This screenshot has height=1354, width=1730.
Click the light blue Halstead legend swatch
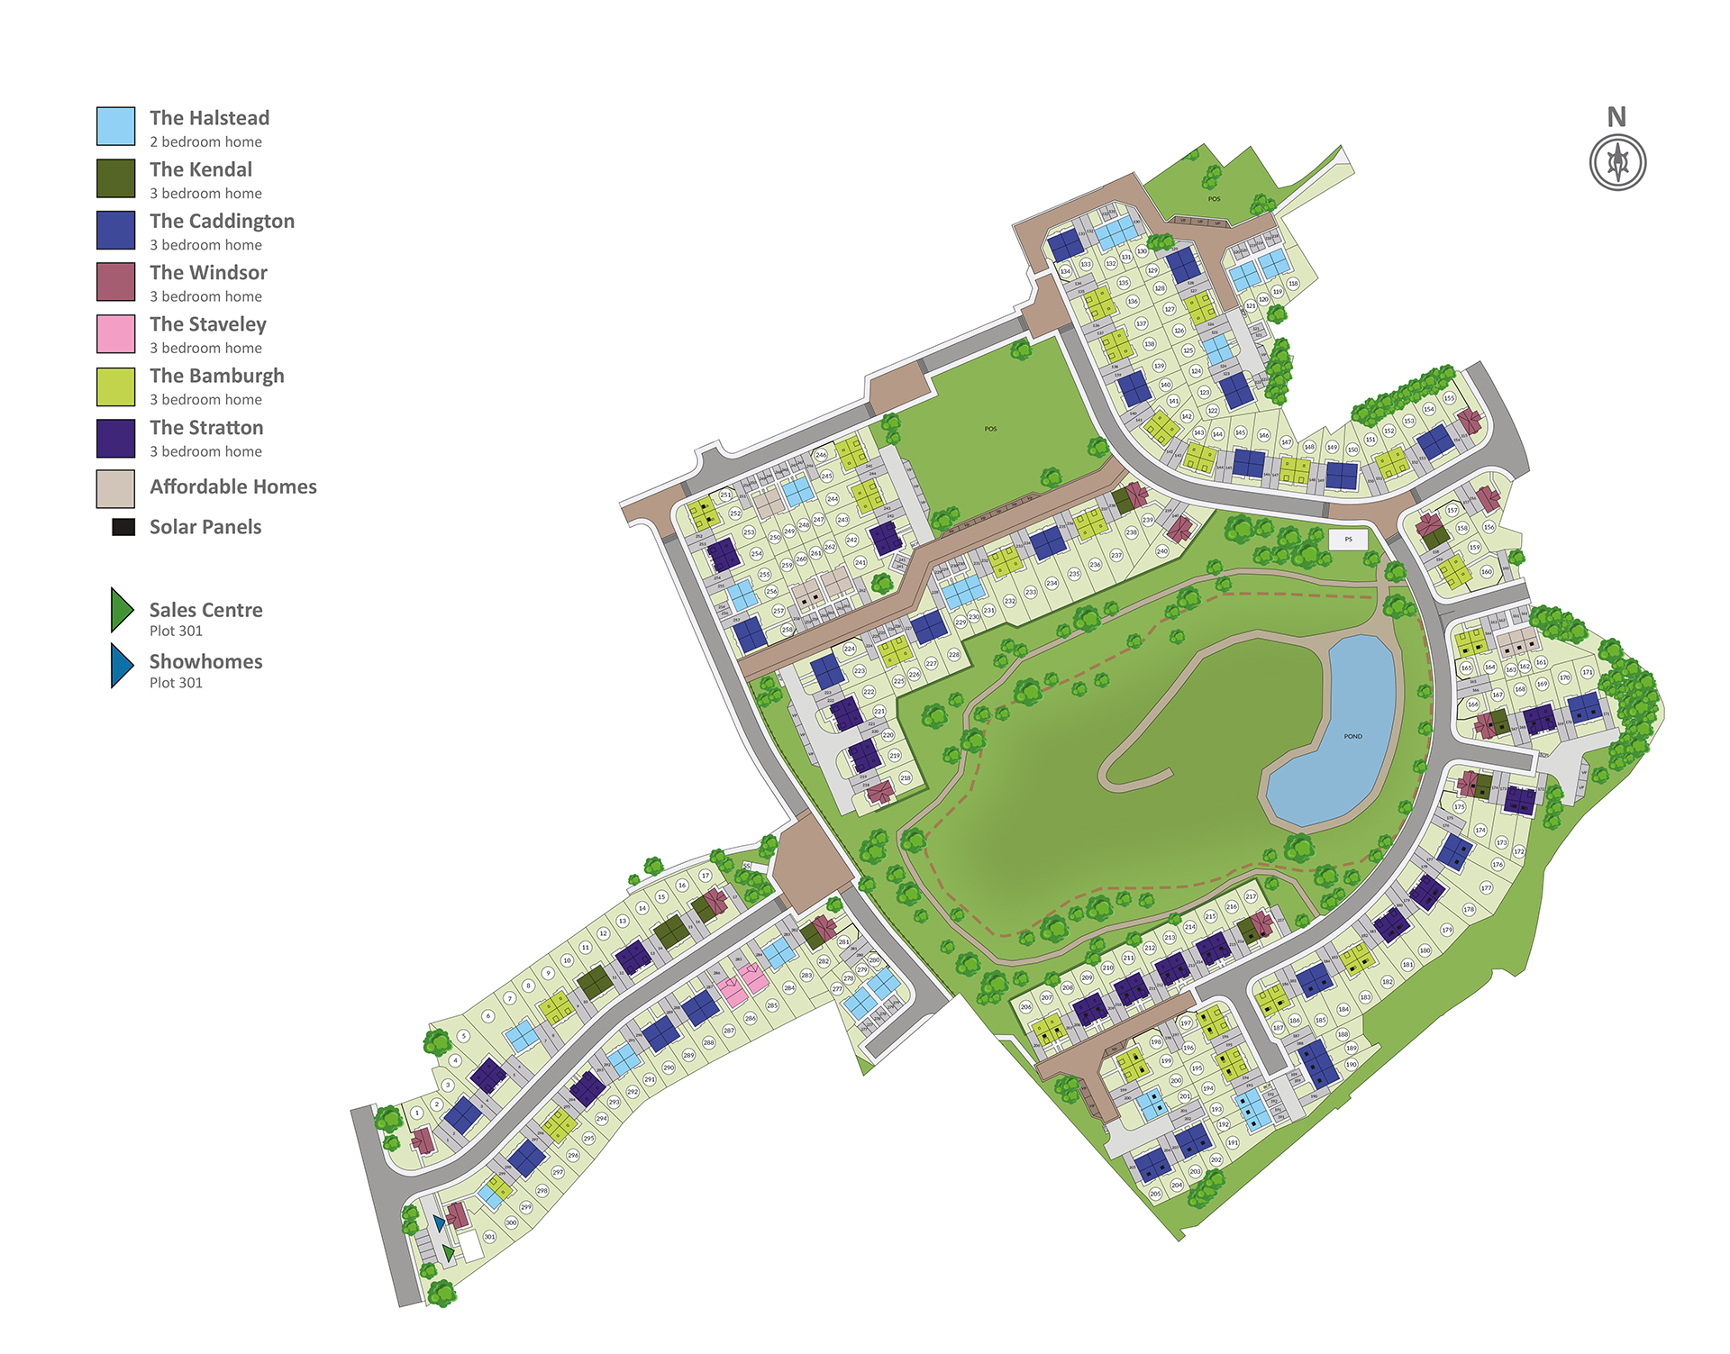click(x=116, y=126)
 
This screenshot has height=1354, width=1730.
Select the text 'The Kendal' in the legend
click(x=201, y=169)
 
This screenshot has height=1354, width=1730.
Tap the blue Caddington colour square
click(x=116, y=230)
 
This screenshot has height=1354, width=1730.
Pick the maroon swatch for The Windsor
click(x=116, y=281)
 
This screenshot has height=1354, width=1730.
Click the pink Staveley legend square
click(x=116, y=333)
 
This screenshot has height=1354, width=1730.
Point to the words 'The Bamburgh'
click(x=217, y=376)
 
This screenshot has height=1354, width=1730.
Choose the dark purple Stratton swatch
click(x=116, y=438)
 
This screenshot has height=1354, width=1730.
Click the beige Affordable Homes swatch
click(x=116, y=489)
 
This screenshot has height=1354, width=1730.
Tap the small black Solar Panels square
click(x=123, y=527)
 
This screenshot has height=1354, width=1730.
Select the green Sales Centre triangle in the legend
click(x=121, y=610)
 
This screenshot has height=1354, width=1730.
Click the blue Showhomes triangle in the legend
click(x=121, y=665)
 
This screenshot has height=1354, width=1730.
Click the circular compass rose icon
click(x=1617, y=163)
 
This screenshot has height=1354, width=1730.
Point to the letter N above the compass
click(x=1616, y=117)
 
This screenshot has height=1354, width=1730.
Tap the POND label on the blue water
click(x=1352, y=736)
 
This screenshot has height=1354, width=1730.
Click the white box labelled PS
click(x=1348, y=540)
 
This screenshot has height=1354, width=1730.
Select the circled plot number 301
click(x=489, y=1237)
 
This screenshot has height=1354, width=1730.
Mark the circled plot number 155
click(x=1449, y=397)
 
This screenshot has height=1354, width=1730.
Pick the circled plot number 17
click(x=706, y=875)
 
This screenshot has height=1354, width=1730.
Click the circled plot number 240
click(x=1161, y=550)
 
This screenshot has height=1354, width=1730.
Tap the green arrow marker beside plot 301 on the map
click(x=448, y=1253)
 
